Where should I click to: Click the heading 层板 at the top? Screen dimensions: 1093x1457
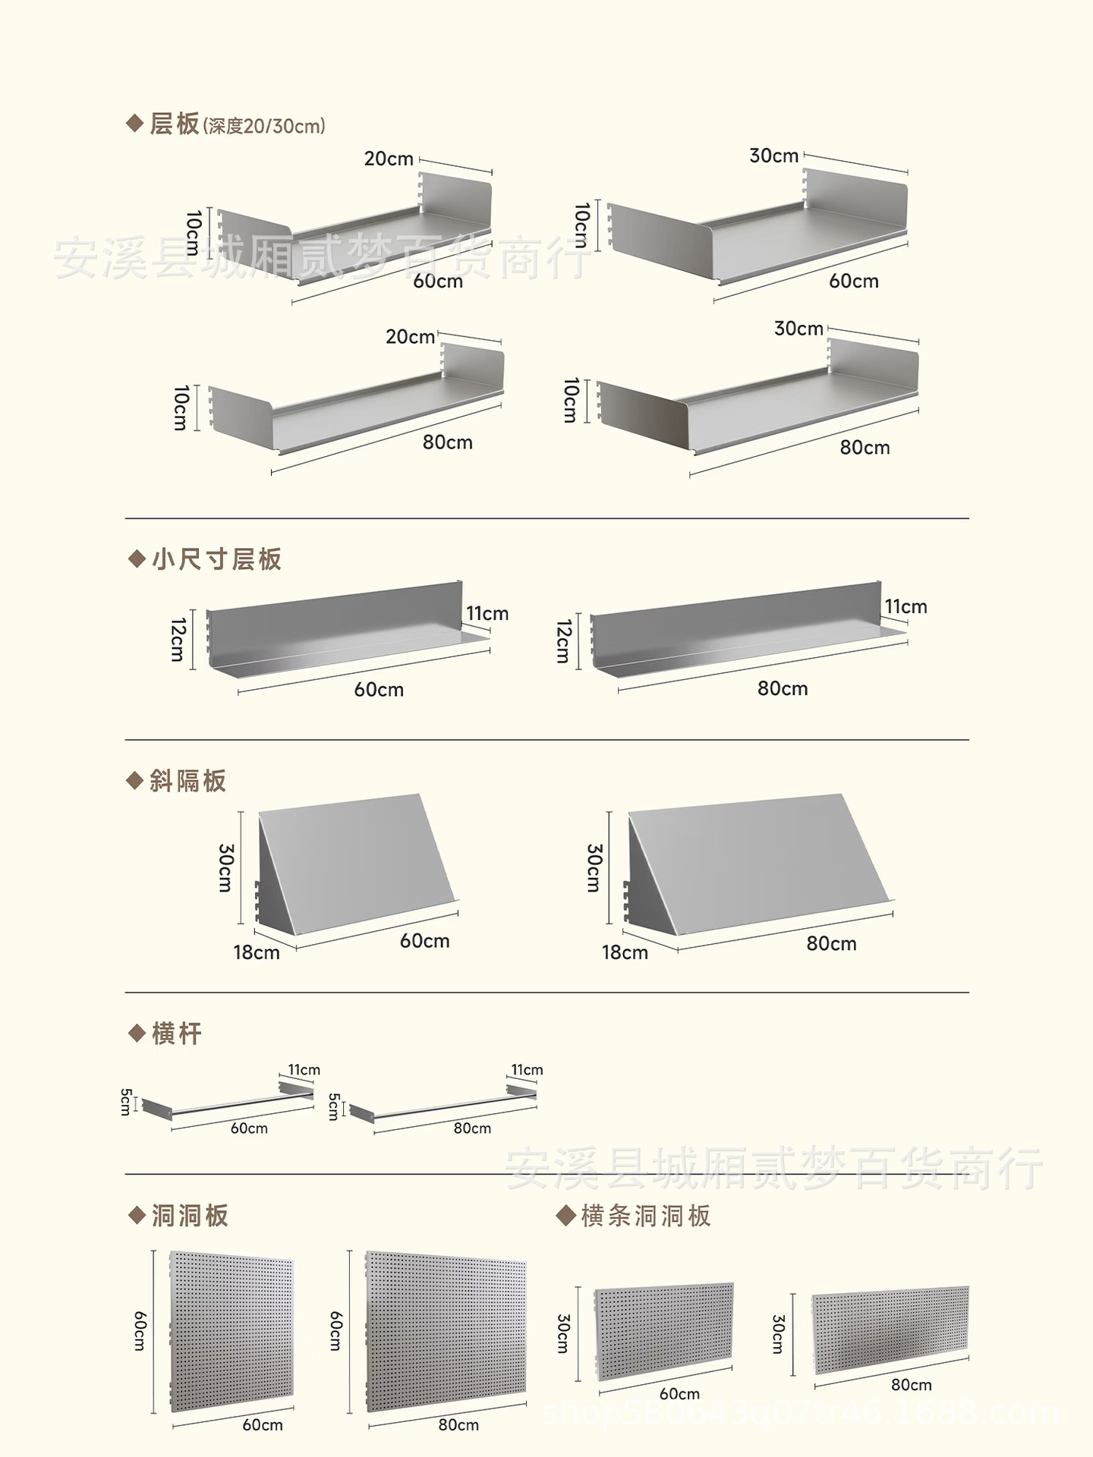(174, 124)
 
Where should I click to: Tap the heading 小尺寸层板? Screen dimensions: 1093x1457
(216, 559)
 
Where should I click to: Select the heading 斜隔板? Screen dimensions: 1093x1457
(187, 781)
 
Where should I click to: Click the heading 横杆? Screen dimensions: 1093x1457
(176, 1034)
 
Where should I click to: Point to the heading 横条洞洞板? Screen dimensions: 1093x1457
(645, 1216)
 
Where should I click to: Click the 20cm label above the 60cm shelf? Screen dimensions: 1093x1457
(389, 159)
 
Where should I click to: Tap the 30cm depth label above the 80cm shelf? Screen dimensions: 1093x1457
(798, 329)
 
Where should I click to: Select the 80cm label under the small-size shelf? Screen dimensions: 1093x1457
(783, 688)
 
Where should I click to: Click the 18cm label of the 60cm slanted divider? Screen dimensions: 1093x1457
(257, 952)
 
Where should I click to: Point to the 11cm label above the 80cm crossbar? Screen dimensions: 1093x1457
(527, 1070)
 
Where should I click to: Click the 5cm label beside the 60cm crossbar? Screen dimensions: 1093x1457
(126, 1102)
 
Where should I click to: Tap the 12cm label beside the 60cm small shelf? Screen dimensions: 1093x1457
(178, 640)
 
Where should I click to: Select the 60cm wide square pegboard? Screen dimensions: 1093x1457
(232, 1332)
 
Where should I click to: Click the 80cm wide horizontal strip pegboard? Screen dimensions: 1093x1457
(890, 1329)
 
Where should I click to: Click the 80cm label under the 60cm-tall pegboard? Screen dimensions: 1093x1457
(458, 1424)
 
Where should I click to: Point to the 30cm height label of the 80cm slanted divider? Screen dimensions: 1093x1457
(594, 867)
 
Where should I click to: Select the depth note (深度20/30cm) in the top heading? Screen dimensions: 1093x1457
(263, 126)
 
